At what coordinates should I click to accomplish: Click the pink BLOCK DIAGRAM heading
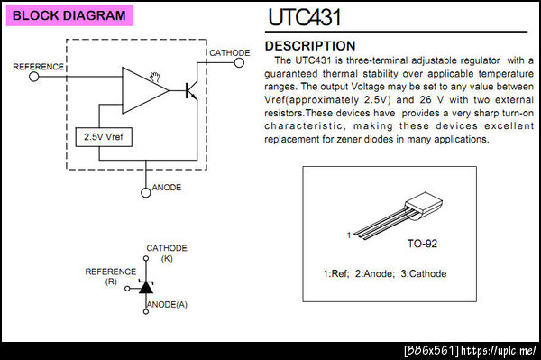tap(69, 15)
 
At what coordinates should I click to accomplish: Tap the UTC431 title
tap(305, 17)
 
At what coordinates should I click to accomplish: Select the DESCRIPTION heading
tap(310, 46)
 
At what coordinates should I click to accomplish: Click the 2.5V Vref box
tap(104, 137)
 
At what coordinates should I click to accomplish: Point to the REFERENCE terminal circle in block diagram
tap(34, 77)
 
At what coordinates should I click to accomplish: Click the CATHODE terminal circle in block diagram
tap(239, 62)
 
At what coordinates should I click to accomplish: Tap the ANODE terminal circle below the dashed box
tap(145, 192)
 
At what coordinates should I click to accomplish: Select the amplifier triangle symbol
tap(145, 90)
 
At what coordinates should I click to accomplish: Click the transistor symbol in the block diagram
tap(191, 90)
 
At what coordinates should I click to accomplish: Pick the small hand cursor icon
tap(155, 78)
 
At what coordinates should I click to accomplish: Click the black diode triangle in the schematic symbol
tap(146, 287)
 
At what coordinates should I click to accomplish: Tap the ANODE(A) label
tap(167, 304)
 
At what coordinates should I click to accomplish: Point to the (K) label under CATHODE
tap(167, 259)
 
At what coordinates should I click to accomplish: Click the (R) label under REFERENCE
tap(111, 282)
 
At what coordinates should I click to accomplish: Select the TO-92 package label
tap(422, 244)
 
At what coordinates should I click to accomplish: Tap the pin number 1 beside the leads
tap(349, 235)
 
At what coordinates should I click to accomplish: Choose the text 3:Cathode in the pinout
tap(424, 273)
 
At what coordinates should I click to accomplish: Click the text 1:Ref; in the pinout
tap(336, 273)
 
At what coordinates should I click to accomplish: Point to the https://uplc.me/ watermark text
tap(499, 351)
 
